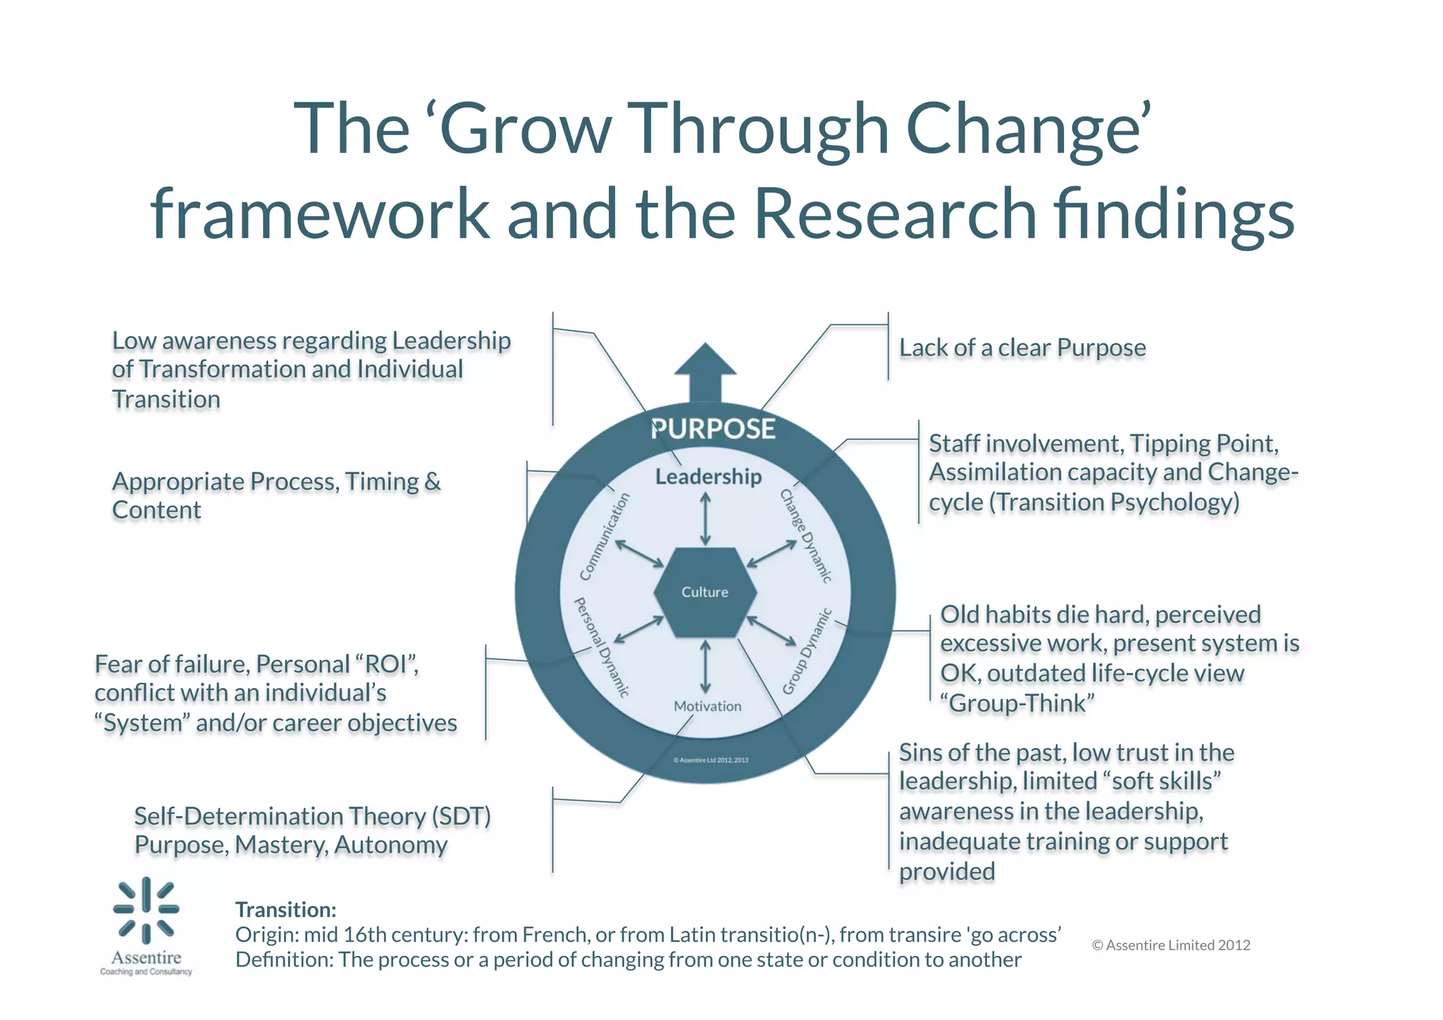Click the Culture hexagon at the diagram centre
(x=705, y=592)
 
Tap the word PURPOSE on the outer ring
(x=712, y=429)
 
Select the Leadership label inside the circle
(x=708, y=477)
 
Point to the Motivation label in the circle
(x=707, y=706)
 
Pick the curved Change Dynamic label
(x=806, y=536)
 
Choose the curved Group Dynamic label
(x=807, y=651)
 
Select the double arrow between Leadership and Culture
(x=705, y=519)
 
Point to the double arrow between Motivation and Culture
(x=705, y=667)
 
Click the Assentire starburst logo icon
(x=147, y=910)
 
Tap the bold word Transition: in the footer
(x=285, y=909)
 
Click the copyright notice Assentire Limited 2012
(x=1171, y=945)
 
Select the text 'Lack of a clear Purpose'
(x=1022, y=348)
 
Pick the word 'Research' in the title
(x=895, y=213)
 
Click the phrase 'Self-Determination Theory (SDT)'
(x=312, y=816)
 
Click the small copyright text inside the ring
(x=711, y=760)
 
